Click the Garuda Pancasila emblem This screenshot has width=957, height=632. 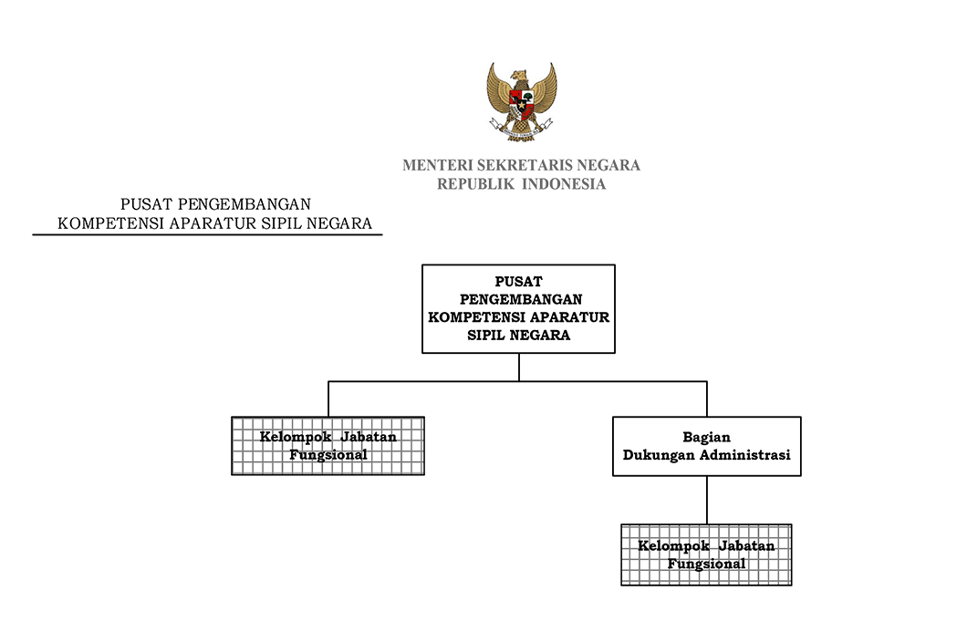[521, 102]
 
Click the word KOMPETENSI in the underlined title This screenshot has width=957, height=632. [111, 223]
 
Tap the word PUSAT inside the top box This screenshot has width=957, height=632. [519, 282]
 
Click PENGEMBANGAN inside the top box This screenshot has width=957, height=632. [521, 299]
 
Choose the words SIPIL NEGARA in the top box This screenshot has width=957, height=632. [519, 335]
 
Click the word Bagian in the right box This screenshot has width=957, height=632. [707, 438]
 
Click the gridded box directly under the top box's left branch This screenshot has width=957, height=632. [328, 446]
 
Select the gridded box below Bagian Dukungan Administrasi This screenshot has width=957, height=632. [707, 554]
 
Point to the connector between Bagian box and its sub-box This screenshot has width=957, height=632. [707, 500]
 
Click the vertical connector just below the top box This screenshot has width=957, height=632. [519, 368]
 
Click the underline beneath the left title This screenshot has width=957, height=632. [207, 234]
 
